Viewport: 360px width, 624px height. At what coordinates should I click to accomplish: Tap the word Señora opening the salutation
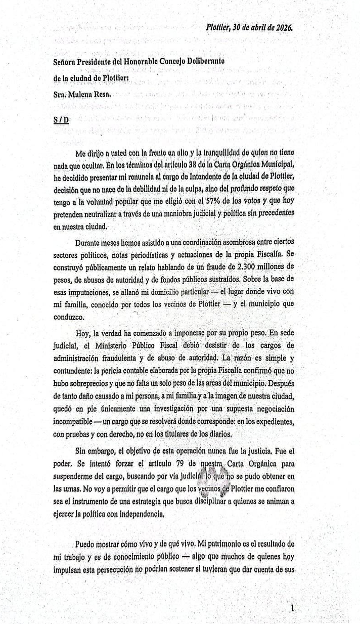pos(68,61)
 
